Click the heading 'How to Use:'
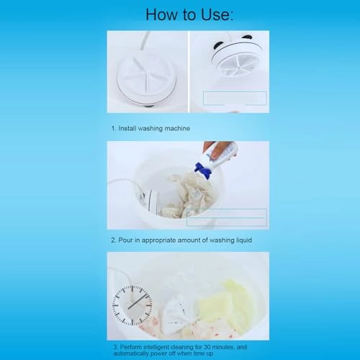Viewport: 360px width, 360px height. coord(189,15)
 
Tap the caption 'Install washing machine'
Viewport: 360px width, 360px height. coord(154,128)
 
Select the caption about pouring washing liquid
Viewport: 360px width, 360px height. coord(181,240)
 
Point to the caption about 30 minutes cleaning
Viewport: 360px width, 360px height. coord(180,350)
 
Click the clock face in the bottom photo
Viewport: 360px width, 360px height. coord(132,305)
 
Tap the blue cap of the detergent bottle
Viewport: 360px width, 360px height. coord(203,171)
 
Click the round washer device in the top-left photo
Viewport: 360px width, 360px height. coord(147,79)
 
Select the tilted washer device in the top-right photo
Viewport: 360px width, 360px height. coord(235,55)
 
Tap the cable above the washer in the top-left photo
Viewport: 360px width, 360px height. coord(145,40)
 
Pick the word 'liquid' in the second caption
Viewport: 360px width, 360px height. coord(243,240)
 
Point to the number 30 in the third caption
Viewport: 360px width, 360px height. coord(207,347)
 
